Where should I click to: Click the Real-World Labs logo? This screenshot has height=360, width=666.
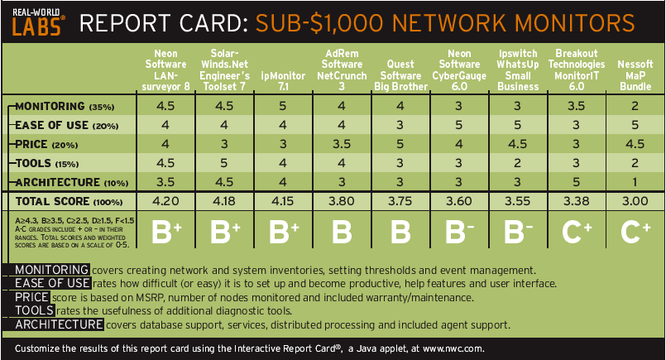[x=38, y=22]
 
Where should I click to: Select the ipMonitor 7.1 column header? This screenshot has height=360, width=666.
[x=283, y=81]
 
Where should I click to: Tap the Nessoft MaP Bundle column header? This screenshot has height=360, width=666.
[x=635, y=75]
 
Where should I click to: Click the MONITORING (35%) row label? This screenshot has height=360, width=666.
[x=65, y=106]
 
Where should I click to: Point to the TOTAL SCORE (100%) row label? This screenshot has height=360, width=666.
[x=69, y=201]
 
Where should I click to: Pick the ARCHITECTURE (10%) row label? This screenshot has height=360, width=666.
[x=72, y=182]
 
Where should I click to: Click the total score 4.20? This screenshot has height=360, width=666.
[x=165, y=201]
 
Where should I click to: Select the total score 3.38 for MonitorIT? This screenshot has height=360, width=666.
[x=576, y=201]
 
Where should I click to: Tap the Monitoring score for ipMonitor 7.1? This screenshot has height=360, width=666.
[x=282, y=106]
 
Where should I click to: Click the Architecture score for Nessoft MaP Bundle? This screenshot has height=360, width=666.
[x=635, y=182]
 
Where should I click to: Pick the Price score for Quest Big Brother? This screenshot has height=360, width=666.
[x=400, y=144]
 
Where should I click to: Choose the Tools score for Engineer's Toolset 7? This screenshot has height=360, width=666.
[x=224, y=163]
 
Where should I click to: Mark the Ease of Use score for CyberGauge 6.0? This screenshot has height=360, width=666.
[x=458, y=125]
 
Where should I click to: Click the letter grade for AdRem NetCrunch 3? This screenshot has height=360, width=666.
[x=342, y=232]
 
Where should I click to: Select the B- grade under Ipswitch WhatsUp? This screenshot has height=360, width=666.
[x=517, y=232]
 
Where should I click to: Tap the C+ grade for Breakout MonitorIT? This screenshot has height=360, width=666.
[x=577, y=232]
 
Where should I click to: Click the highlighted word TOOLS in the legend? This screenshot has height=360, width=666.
[x=35, y=310]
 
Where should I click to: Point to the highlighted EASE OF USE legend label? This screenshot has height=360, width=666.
[x=52, y=284]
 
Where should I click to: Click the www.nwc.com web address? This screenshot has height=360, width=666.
[x=453, y=349]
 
